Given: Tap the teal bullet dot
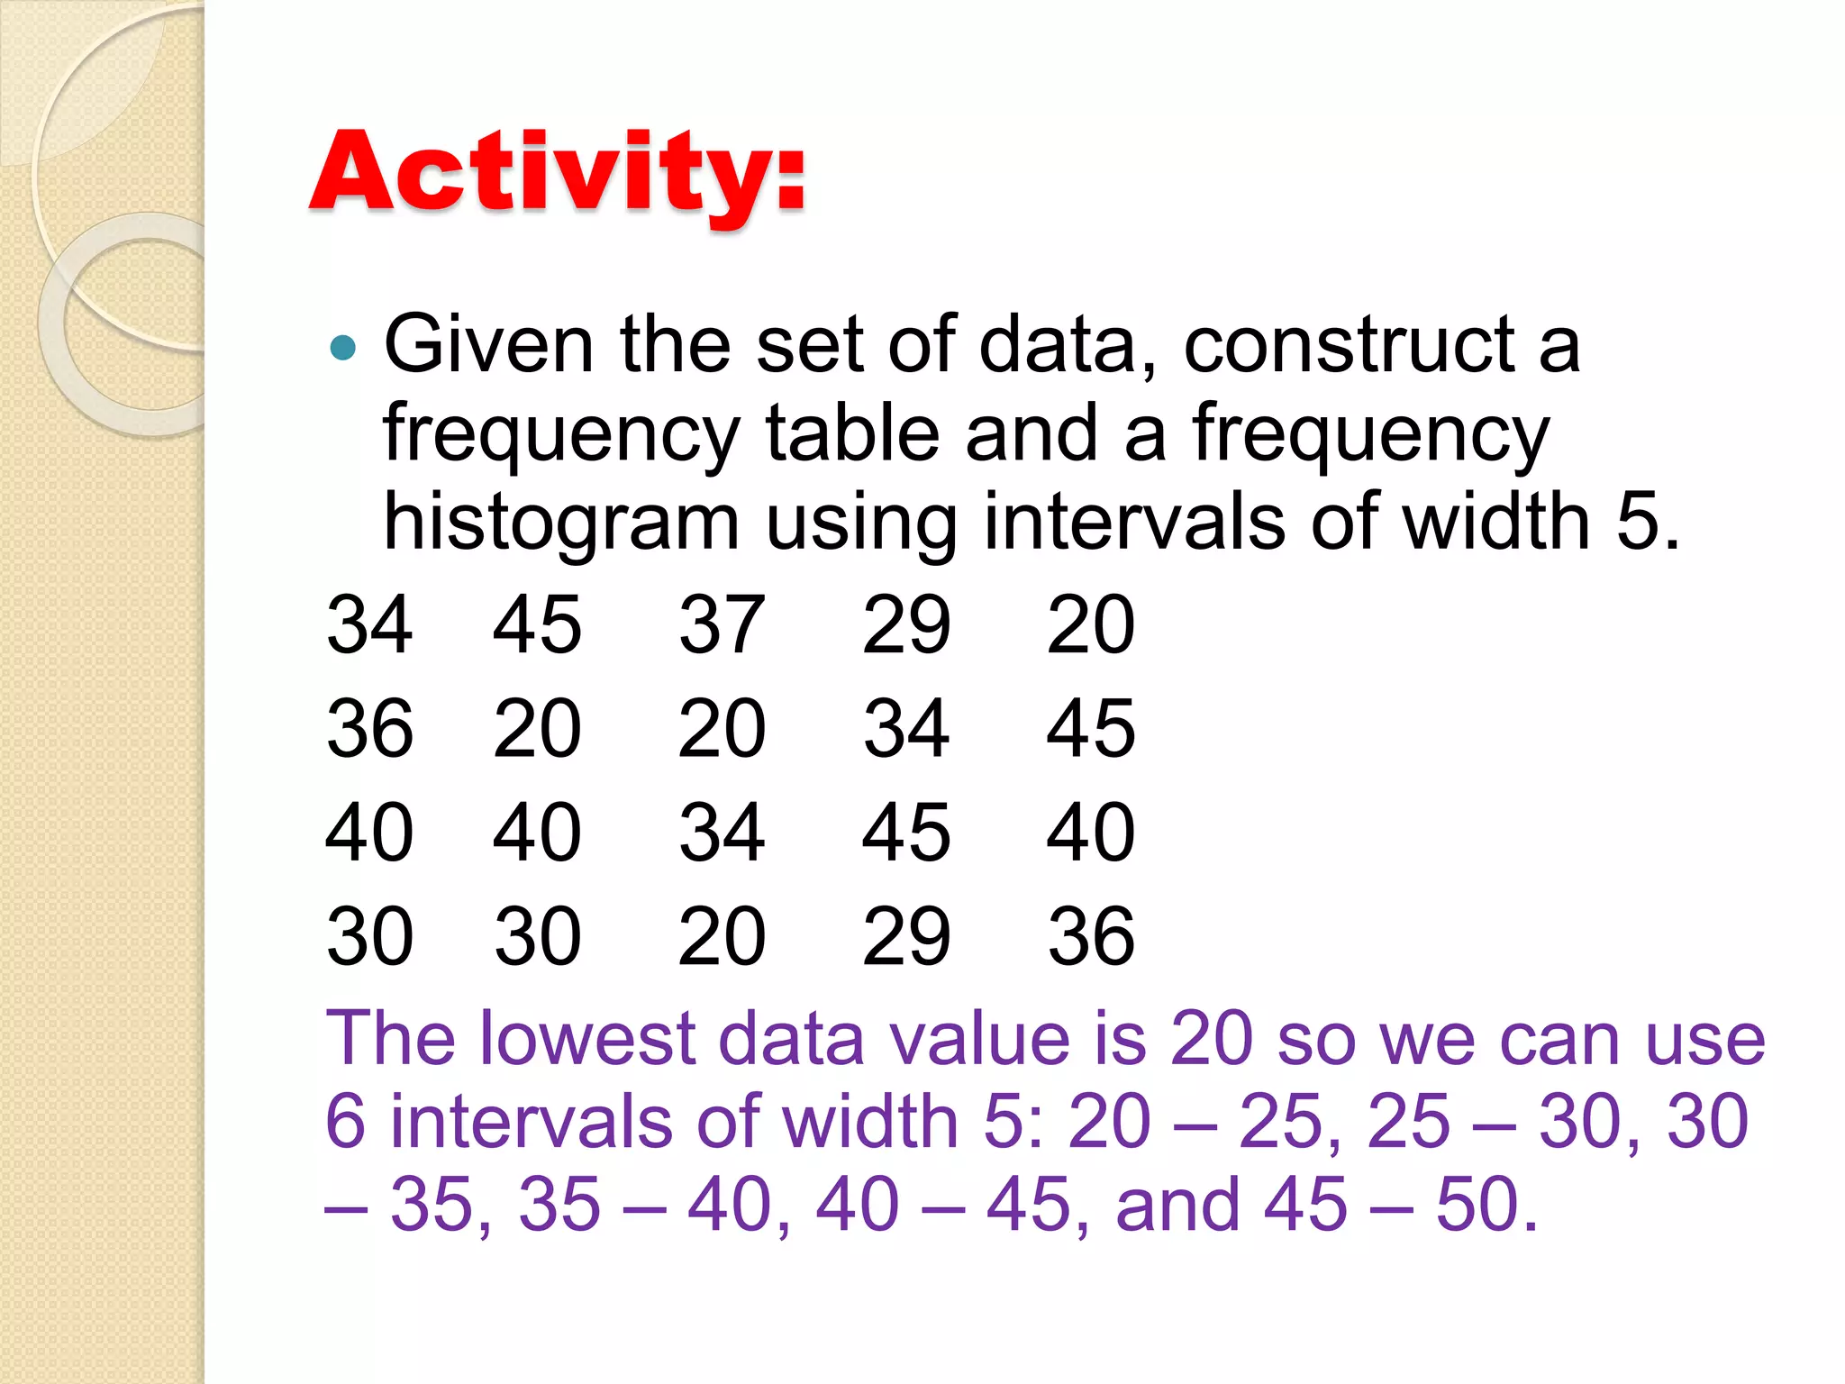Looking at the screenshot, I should [x=343, y=347].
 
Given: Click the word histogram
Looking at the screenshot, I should [x=560, y=524].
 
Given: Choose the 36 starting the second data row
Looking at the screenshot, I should [x=369, y=727].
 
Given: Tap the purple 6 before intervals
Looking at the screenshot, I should [x=345, y=1122].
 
